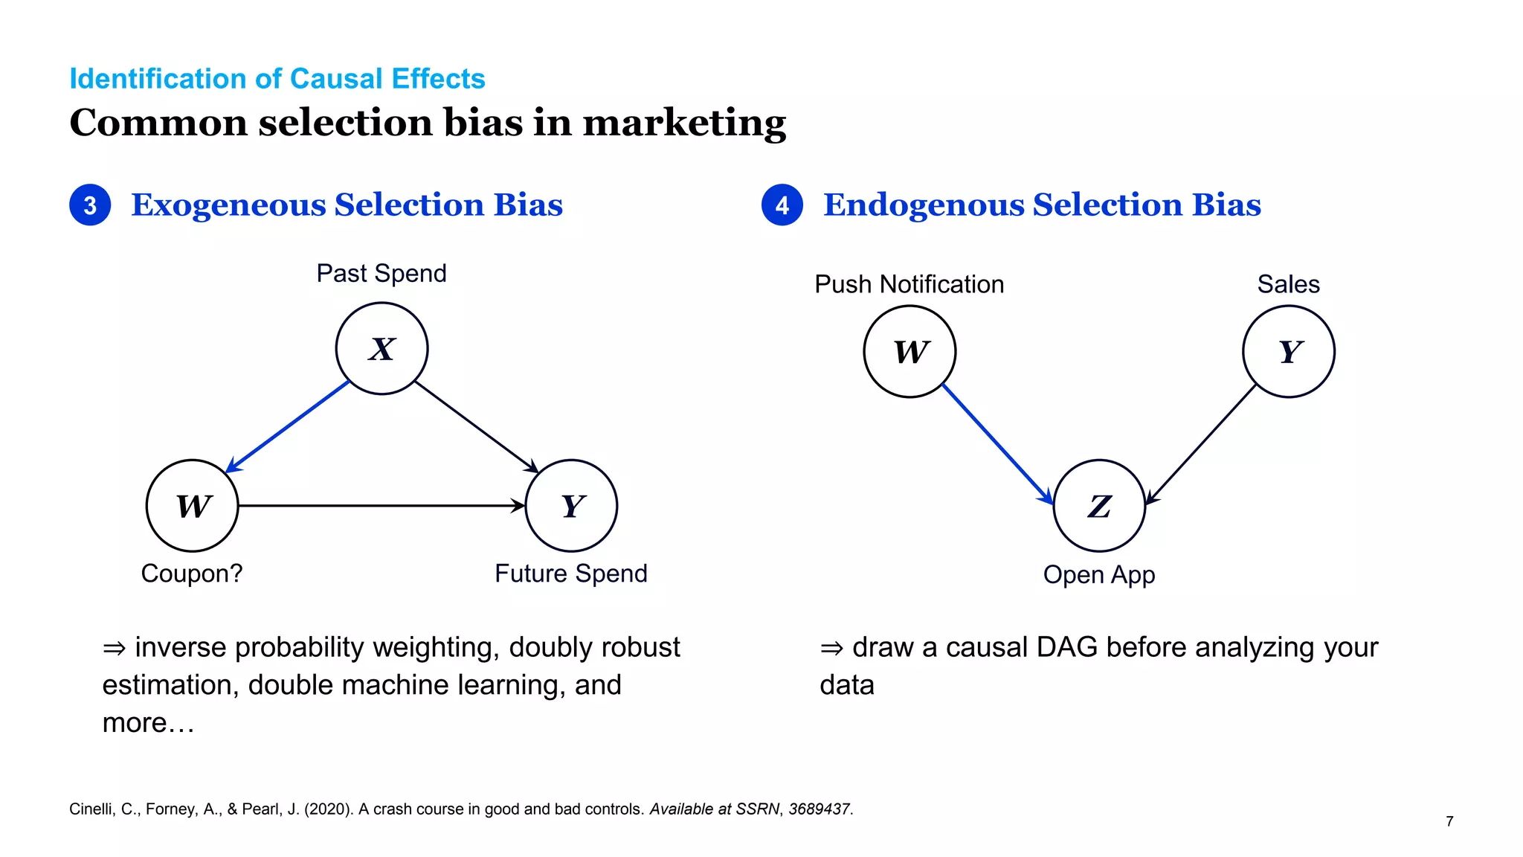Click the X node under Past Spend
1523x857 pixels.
click(381, 348)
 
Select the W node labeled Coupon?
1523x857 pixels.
click(193, 506)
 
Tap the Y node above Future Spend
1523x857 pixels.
click(571, 506)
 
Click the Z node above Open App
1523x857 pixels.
click(1099, 506)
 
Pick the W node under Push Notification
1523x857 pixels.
click(909, 351)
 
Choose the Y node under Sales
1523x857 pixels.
click(1289, 351)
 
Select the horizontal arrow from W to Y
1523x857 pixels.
click(381, 506)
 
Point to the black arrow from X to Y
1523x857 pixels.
click(476, 426)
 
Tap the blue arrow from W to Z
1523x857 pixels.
click(996, 443)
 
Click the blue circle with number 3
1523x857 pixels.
click(90, 205)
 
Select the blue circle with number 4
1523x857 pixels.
click(782, 205)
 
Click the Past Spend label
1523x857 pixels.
click(381, 274)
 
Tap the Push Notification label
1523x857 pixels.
click(909, 284)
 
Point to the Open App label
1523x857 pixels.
click(1099, 575)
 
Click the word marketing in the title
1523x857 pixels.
click(684, 123)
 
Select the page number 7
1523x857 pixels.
click(1449, 821)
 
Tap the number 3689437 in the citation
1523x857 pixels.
click(819, 809)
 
